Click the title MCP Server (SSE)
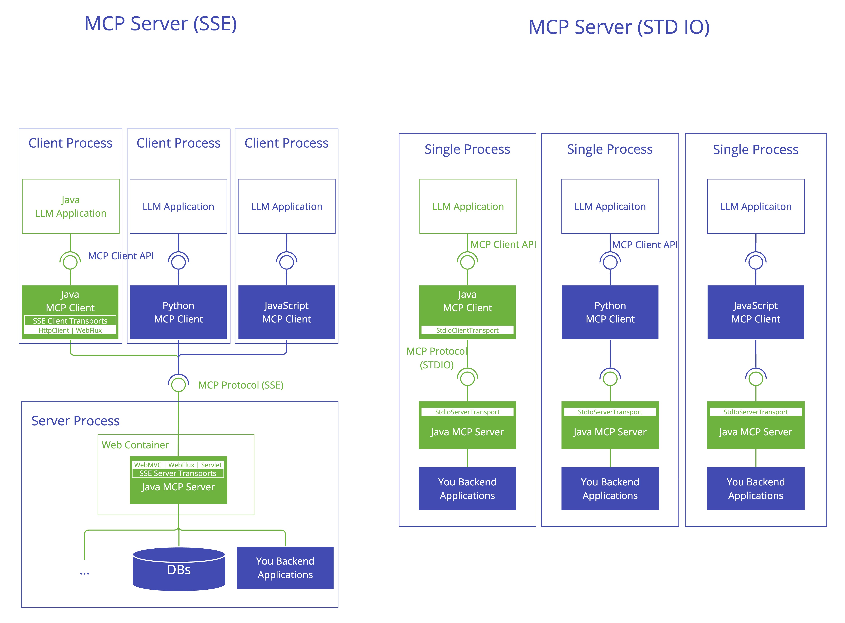[x=161, y=24]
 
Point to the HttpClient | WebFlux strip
[x=70, y=330]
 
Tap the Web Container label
[x=135, y=445]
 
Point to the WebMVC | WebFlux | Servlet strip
[x=178, y=465]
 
